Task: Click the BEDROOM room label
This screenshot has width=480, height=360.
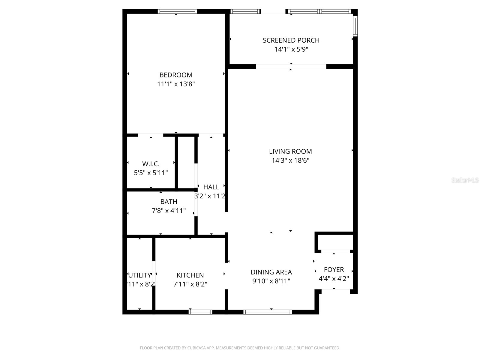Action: click(176, 75)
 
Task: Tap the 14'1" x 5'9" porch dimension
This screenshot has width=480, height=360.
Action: click(291, 49)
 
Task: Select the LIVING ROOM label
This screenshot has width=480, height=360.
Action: click(290, 151)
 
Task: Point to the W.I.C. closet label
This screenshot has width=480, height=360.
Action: click(151, 164)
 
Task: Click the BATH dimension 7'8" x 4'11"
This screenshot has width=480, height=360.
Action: click(169, 211)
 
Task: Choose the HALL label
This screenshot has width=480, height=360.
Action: click(211, 187)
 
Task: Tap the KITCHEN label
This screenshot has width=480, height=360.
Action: click(190, 275)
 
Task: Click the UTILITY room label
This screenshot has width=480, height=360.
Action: click(140, 275)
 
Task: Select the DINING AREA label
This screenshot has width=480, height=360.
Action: click(271, 272)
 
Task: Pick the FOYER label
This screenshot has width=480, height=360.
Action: click(334, 269)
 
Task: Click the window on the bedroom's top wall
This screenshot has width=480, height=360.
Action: click(177, 11)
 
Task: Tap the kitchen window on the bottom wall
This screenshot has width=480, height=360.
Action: click(200, 312)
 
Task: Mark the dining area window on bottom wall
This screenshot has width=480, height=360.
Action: click(268, 312)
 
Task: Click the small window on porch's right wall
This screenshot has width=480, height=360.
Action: click(355, 26)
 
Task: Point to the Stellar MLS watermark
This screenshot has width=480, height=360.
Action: click(465, 180)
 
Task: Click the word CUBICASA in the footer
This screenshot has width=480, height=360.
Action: click(196, 348)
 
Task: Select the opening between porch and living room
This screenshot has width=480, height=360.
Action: click(291, 67)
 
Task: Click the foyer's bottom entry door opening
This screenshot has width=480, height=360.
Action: click(335, 291)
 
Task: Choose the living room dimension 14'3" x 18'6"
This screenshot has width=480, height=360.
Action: click(290, 160)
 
